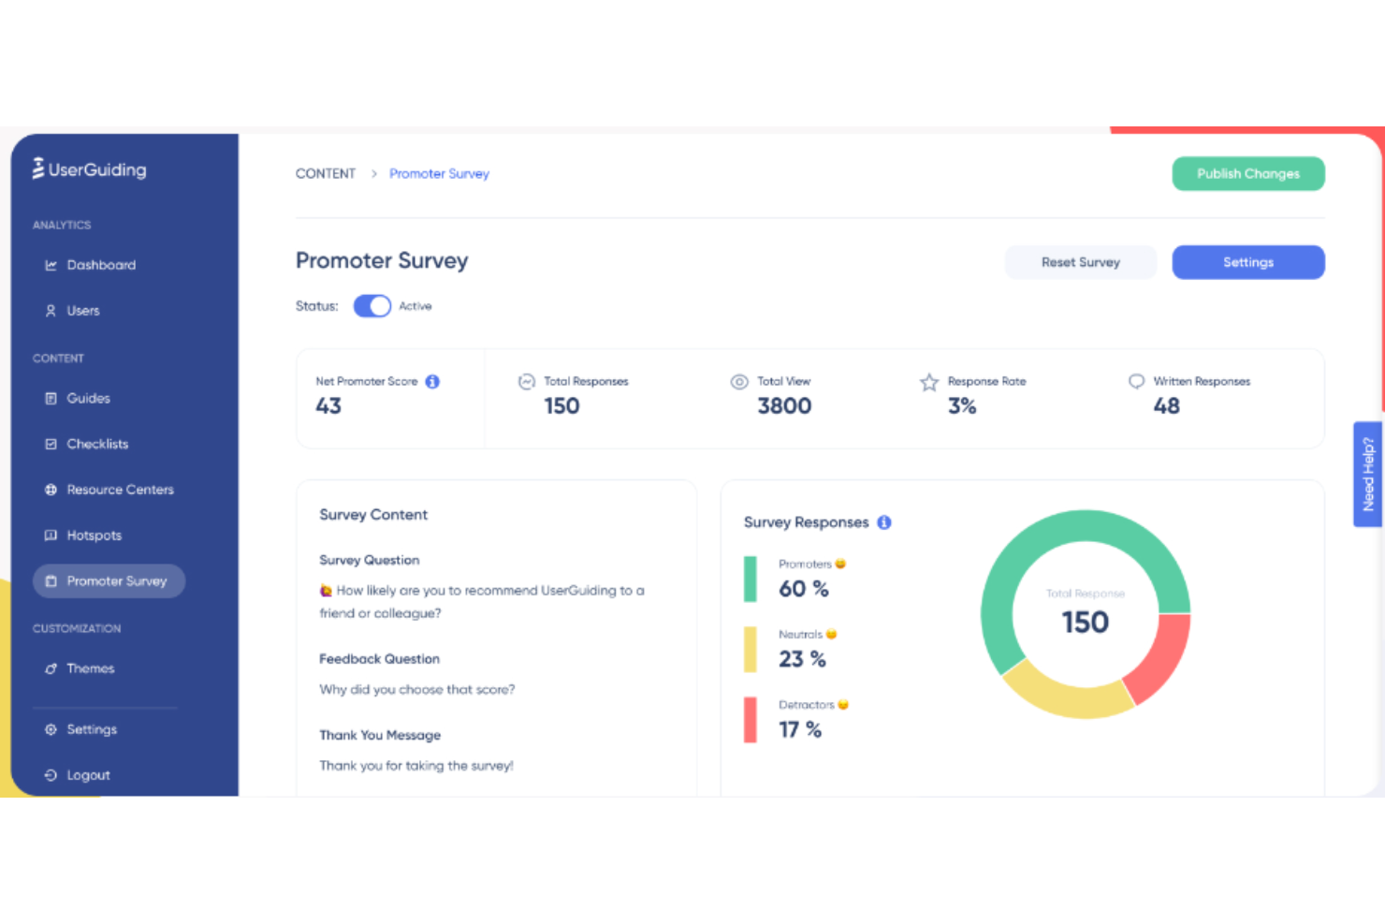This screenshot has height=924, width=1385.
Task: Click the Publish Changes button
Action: tap(1247, 173)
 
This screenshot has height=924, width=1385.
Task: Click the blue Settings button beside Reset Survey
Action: tap(1247, 262)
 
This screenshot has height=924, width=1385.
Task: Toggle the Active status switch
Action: tap(372, 306)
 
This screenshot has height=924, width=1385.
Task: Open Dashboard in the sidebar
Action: tap(101, 265)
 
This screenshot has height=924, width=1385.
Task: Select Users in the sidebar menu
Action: tap(82, 311)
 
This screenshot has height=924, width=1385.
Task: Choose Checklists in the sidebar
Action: tap(96, 444)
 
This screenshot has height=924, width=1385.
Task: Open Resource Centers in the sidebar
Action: tap(119, 490)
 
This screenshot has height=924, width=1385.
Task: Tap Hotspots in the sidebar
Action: tap(94, 535)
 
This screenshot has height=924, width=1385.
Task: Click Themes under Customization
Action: tap(90, 668)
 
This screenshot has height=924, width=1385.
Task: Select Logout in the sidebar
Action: tap(88, 775)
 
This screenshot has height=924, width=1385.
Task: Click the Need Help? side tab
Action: tap(1367, 474)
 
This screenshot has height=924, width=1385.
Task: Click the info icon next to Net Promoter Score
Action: tap(432, 381)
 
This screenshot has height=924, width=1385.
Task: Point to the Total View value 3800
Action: tap(784, 406)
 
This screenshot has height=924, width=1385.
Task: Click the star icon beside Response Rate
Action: tap(928, 382)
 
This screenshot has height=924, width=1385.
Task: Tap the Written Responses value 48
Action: tap(1166, 406)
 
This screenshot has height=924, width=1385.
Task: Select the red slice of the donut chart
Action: tap(1160, 655)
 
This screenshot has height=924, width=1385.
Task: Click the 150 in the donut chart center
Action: tap(1085, 623)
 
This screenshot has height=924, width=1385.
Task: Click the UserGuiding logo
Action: tap(90, 169)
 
